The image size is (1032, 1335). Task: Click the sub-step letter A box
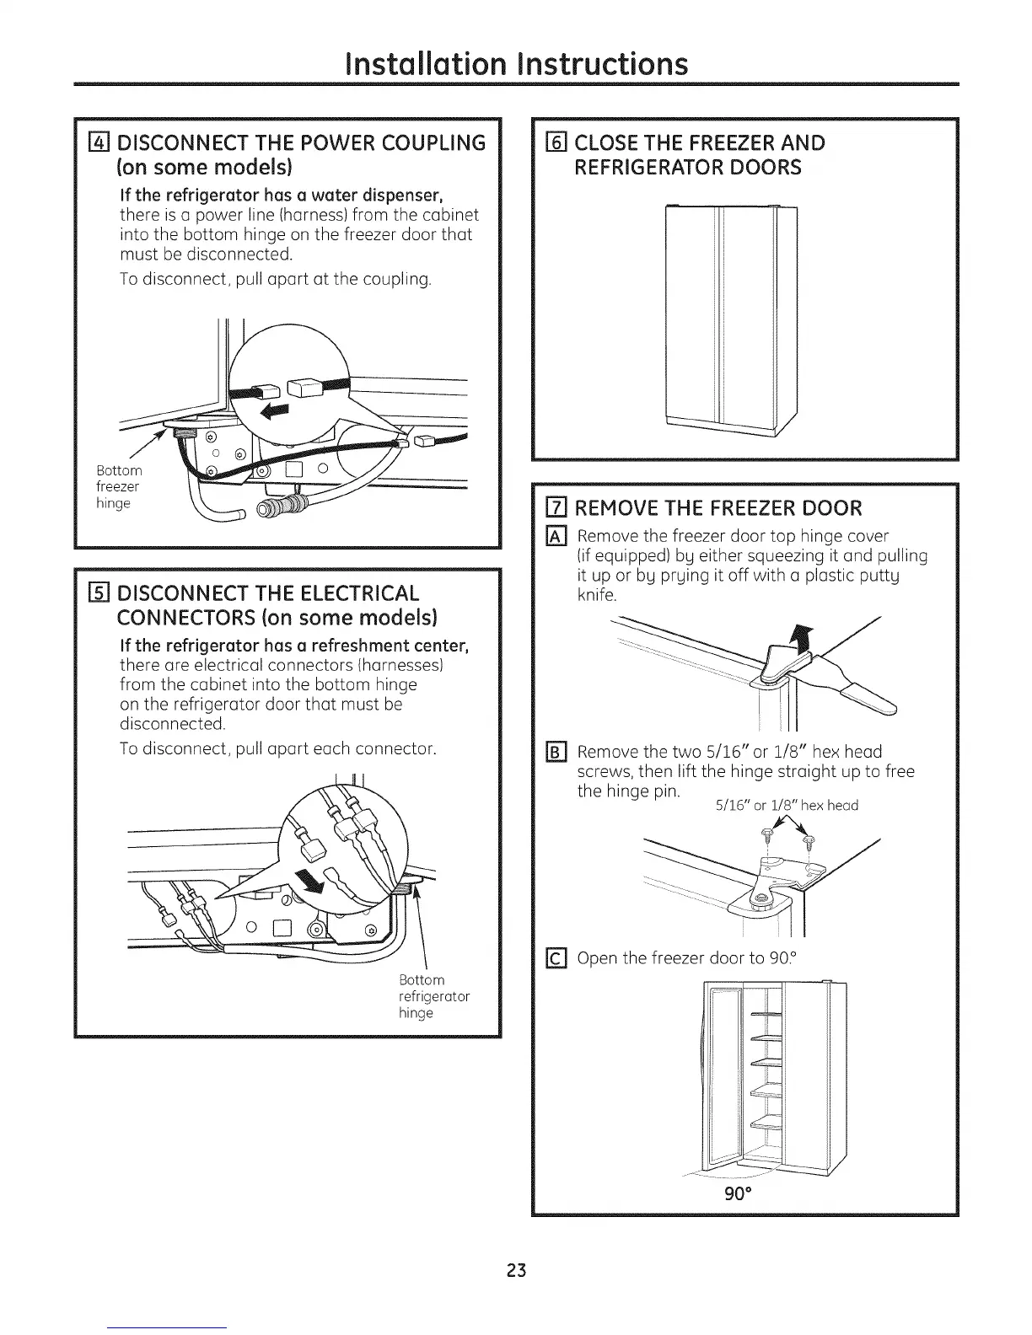[556, 535]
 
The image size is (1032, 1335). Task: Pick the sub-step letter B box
[556, 752]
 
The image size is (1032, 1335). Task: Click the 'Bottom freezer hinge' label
[119, 486]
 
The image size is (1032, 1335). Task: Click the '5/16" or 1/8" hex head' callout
[786, 806]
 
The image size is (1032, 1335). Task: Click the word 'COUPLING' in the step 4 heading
[430, 142]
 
